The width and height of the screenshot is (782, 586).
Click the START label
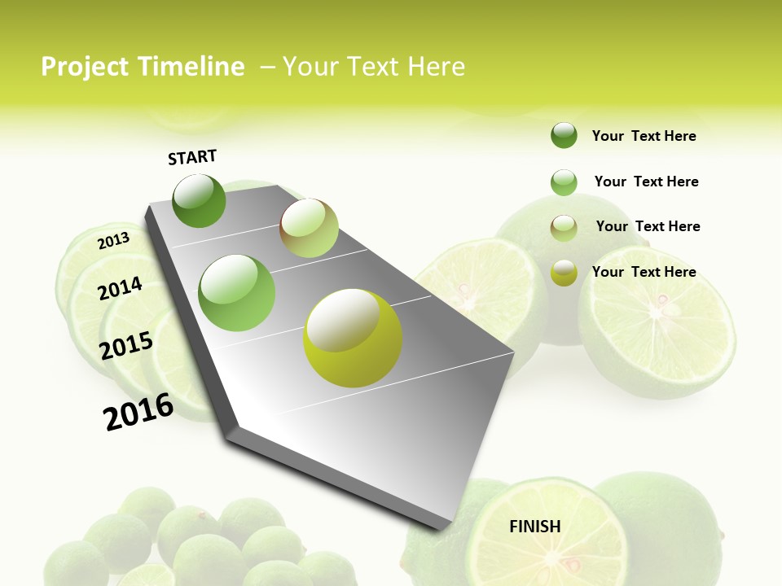(192, 156)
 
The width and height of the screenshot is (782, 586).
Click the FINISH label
(535, 527)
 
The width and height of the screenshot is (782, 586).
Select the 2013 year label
(114, 240)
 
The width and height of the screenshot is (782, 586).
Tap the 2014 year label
(120, 288)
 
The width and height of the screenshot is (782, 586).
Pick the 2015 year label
(126, 346)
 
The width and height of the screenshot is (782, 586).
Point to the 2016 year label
(138, 411)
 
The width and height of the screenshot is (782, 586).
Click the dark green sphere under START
(199, 200)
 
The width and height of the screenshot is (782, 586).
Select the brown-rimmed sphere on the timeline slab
(309, 228)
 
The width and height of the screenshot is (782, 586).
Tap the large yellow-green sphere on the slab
(353, 337)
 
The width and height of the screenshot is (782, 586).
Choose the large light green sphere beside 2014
(237, 293)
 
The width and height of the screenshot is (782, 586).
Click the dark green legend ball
(564, 135)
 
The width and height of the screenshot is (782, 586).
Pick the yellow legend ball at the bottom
(564, 273)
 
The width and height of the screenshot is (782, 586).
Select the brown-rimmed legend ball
(564, 227)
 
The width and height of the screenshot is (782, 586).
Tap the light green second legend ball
(564, 182)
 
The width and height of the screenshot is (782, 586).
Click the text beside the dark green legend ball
(644, 136)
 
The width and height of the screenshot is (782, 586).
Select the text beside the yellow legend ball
(644, 272)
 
